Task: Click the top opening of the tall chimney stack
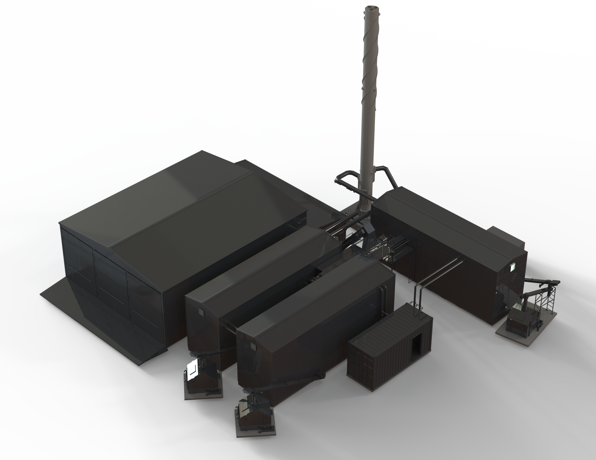373,8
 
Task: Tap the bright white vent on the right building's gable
512,267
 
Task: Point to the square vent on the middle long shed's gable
201,313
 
